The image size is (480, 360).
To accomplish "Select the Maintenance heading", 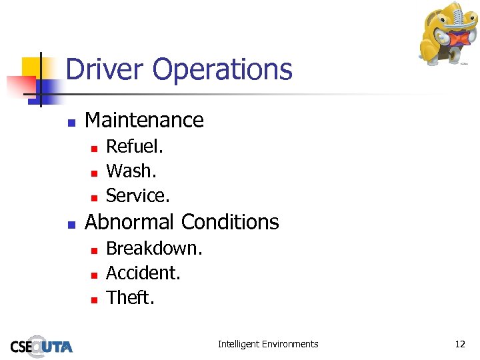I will [x=144, y=120].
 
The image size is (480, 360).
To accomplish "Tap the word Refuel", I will [x=135, y=146].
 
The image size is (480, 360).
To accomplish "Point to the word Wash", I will [x=131, y=171].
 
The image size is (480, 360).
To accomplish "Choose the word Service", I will [x=138, y=195].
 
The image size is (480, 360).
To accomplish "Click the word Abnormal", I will [x=130, y=221].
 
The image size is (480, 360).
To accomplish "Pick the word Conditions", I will [x=230, y=221].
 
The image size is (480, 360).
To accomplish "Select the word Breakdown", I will [x=154, y=248].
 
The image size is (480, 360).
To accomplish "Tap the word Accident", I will [x=143, y=273].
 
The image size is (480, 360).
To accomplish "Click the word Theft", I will [x=130, y=297].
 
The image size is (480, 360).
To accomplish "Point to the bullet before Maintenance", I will [x=71, y=122].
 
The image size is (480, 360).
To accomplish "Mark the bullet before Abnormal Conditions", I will [x=71, y=223].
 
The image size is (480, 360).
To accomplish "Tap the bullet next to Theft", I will [x=94, y=299].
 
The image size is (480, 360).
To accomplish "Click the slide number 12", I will [x=460, y=344].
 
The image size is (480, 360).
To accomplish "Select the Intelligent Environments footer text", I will [x=268, y=344].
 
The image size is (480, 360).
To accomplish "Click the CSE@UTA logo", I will [x=41, y=345].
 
